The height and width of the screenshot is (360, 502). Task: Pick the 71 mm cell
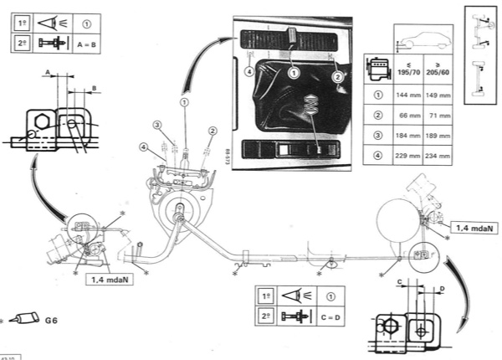pos(438,114)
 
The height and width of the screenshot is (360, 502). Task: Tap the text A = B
pos(90,41)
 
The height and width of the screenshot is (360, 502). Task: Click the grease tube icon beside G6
pos(28,320)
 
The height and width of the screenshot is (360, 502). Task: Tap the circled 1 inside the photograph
pos(294,74)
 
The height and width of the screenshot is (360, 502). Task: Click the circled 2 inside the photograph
pos(338,77)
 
